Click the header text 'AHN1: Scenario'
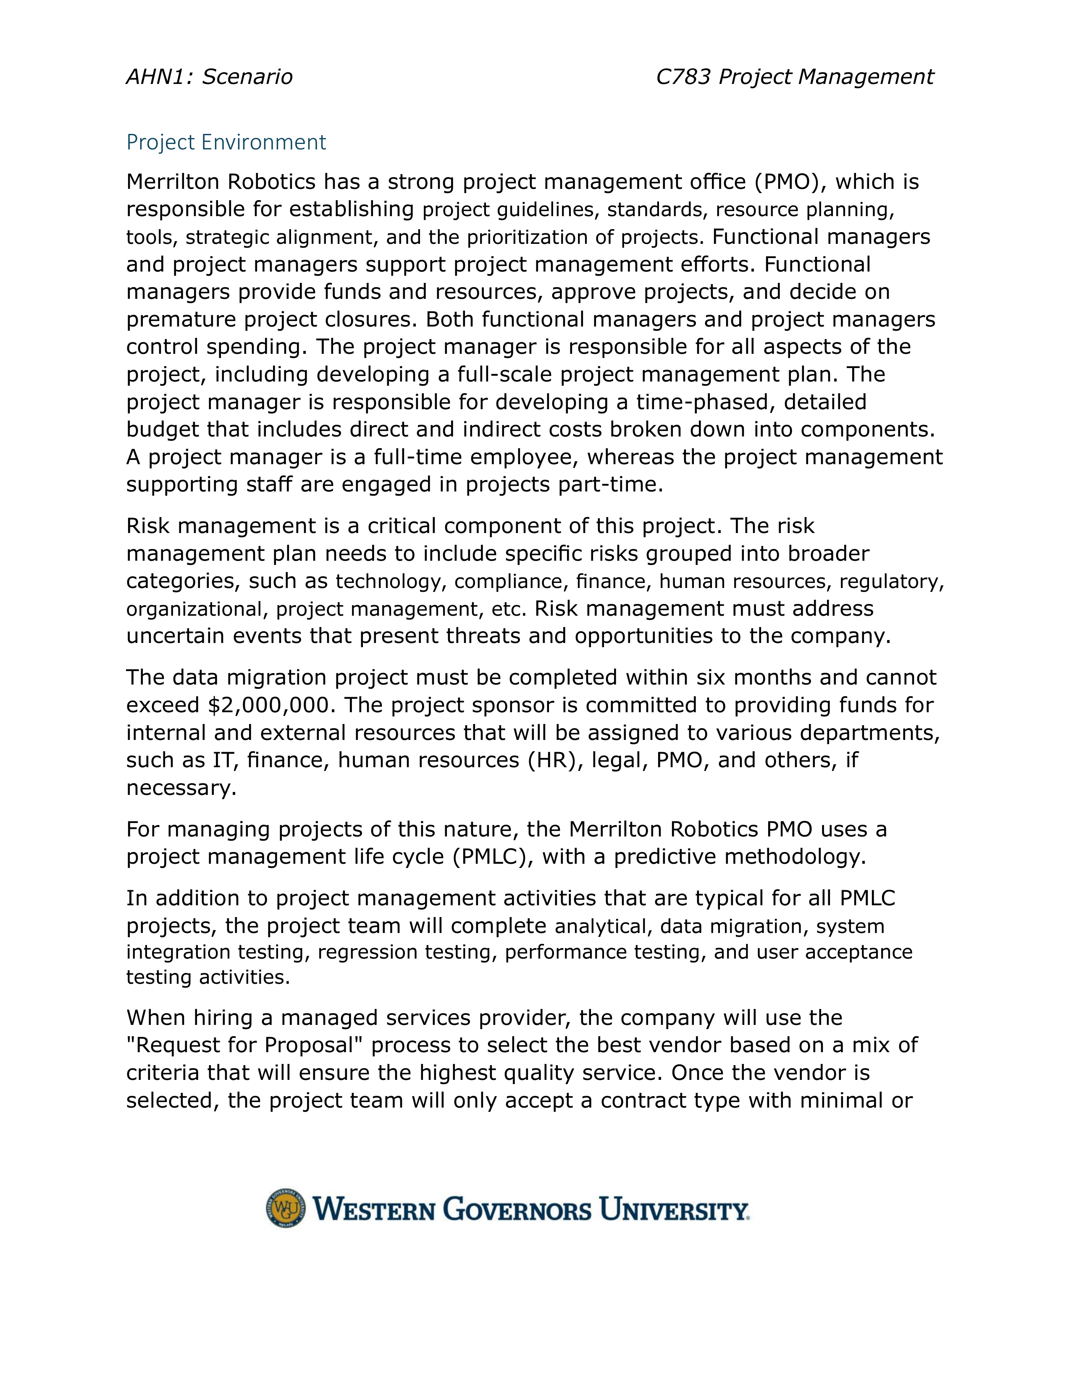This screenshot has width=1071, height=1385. [210, 77]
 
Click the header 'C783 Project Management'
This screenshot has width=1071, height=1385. [794, 77]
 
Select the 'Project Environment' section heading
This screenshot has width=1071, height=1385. [226, 142]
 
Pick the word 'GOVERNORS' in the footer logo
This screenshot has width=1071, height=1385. [517, 1209]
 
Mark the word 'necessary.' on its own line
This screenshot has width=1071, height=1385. [181, 788]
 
